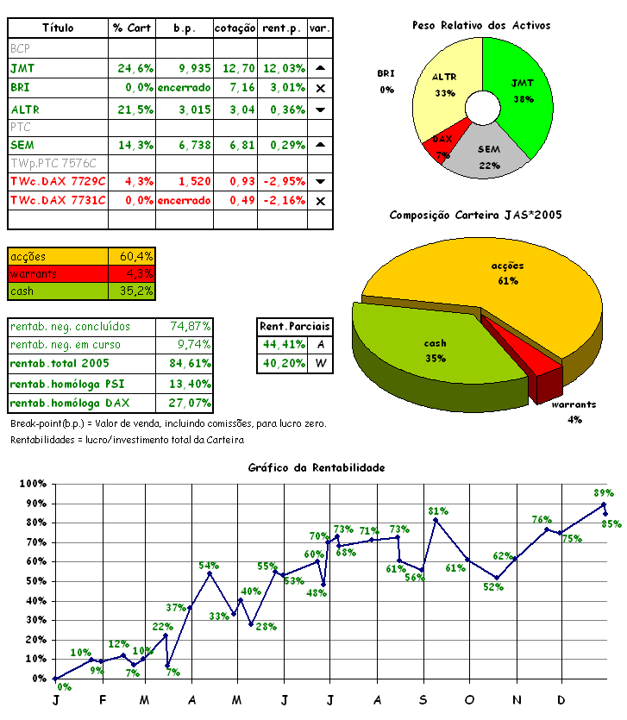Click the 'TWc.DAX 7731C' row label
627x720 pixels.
tap(58, 200)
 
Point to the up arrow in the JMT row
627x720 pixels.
tap(320, 68)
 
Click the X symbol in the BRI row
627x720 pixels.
tap(320, 88)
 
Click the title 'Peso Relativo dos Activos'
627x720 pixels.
tap(481, 26)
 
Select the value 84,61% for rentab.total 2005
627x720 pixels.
tap(185, 363)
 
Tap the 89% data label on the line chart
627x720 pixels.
tap(604, 493)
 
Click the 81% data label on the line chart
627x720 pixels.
tap(438, 511)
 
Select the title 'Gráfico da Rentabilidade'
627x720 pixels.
tap(317, 468)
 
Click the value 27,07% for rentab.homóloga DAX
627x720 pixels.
tap(185, 403)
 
